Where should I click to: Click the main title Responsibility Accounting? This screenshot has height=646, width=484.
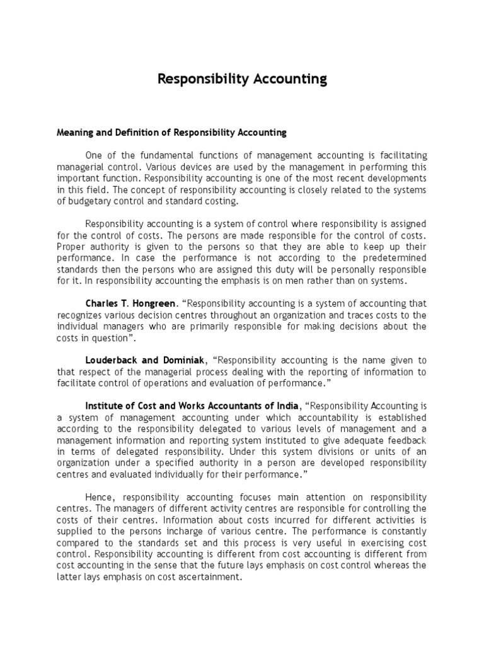coord(242,79)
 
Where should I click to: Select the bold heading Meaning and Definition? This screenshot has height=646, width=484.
coord(171,132)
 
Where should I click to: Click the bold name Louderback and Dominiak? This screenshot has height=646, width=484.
coord(145,360)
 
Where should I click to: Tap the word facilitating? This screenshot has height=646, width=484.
coord(398,156)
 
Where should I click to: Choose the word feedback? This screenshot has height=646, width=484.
coord(407,440)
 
